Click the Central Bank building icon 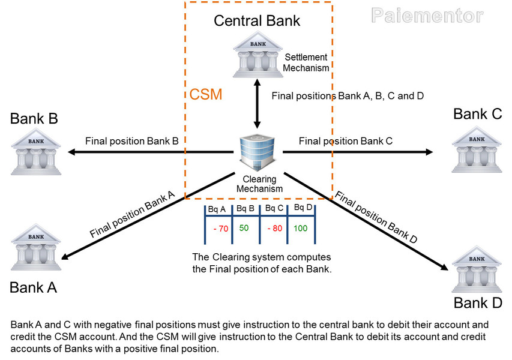point(258,55)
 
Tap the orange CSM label point(206,95)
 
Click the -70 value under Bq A point(220,229)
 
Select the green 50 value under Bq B point(244,228)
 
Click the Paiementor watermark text point(427,16)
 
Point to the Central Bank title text point(257,22)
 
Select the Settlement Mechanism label point(306,62)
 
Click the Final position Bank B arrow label point(132,142)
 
